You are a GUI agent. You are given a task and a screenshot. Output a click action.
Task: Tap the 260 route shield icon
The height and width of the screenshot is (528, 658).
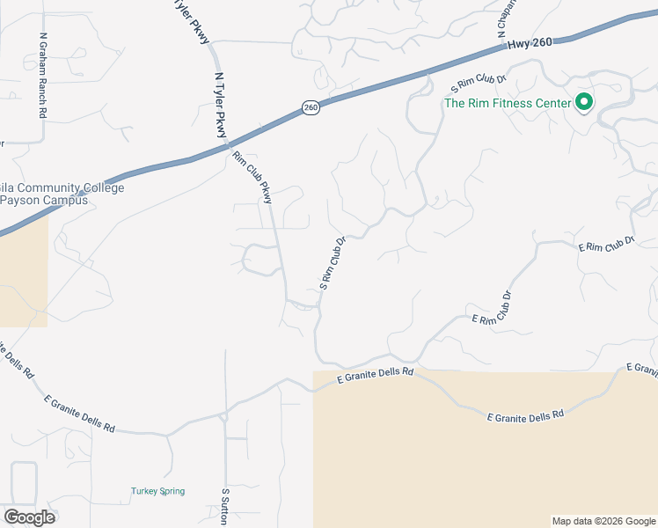click(310, 106)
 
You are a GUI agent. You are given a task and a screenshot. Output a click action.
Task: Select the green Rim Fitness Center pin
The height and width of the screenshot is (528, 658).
click(583, 103)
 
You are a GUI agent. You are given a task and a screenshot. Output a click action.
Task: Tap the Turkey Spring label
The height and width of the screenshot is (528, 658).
click(157, 491)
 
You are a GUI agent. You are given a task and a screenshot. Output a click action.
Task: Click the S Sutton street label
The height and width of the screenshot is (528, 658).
click(226, 508)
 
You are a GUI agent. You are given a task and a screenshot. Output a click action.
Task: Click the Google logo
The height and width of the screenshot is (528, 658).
click(28, 517)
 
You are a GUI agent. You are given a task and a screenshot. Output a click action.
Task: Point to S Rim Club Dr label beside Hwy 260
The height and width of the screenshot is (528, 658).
click(479, 84)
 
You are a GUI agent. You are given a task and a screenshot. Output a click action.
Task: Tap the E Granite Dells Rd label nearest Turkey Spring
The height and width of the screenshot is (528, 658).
click(80, 413)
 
